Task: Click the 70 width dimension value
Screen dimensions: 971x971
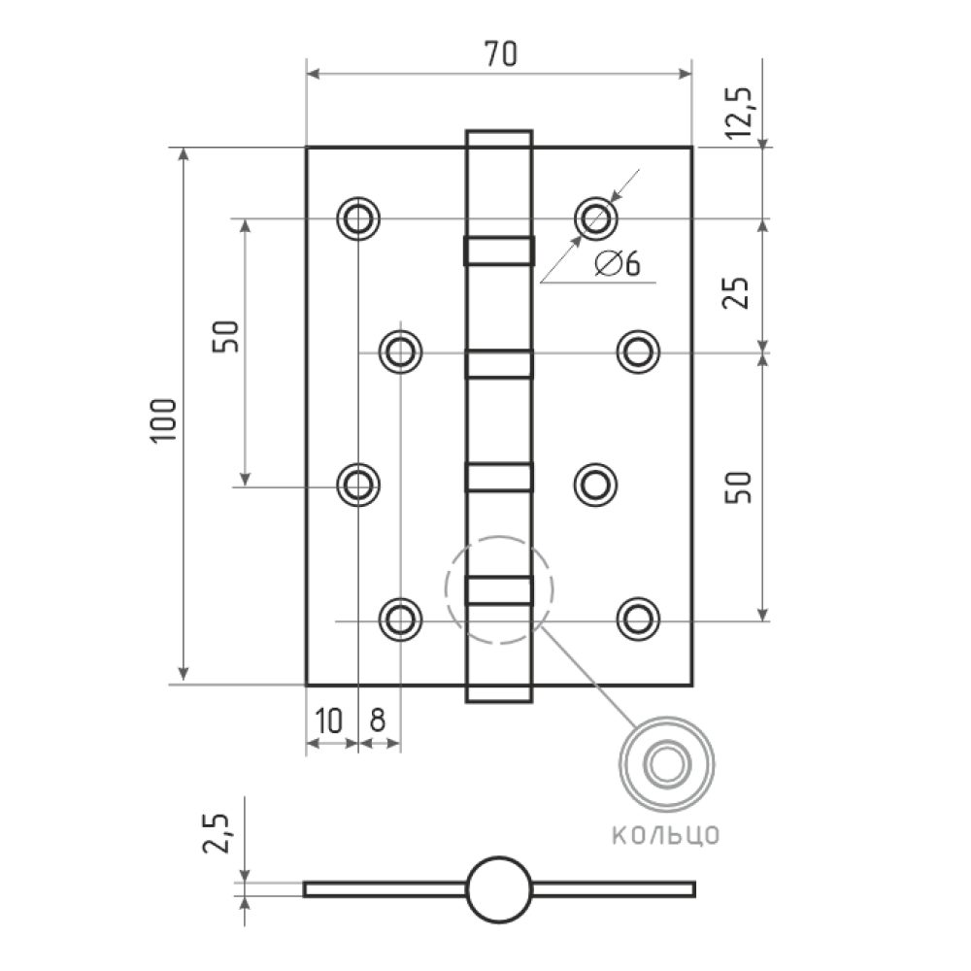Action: pyautogui.click(x=500, y=53)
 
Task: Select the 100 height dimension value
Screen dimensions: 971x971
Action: pyautogui.click(x=163, y=419)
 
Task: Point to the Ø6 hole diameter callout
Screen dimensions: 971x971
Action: pyautogui.click(x=618, y=263)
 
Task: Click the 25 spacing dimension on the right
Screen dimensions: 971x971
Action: pyautogui.click(x=737, y=292)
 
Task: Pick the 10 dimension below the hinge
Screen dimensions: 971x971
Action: pyautogui.click(x=328, y=720)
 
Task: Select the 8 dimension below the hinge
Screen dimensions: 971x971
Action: pyautogui.click(x=377, y=720)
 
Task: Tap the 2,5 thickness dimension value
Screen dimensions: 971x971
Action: pyautogui.click(x=217, y=833)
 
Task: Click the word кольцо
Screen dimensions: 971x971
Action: pyautogui.click(x=666, y=835)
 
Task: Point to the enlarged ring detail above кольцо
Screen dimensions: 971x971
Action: pyautogui.click(x=666, y=719)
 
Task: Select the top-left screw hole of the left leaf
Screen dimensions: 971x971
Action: pyautogui.click(x=358, y=218)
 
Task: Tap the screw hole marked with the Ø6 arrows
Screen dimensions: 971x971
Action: pyautogui.click(x=596, y=218)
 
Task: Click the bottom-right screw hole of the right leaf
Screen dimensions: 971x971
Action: pyautogui.click(x=639, y=619)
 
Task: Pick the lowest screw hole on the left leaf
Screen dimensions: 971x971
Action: pyautogui.click(x=401, y=619)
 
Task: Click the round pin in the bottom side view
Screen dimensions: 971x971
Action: pyautogui.click(x=499, y=889)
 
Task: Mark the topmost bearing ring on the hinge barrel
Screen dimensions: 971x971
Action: pyautogui.click(x=499, y=251)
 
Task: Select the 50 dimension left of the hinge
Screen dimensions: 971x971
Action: pyautogui.click(x=225, y=337)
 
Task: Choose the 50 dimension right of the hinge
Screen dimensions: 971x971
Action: pyautogui.click(x=738, y=487)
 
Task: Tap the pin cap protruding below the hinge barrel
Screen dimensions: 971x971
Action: pyautogui.click(x=499, y=694)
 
